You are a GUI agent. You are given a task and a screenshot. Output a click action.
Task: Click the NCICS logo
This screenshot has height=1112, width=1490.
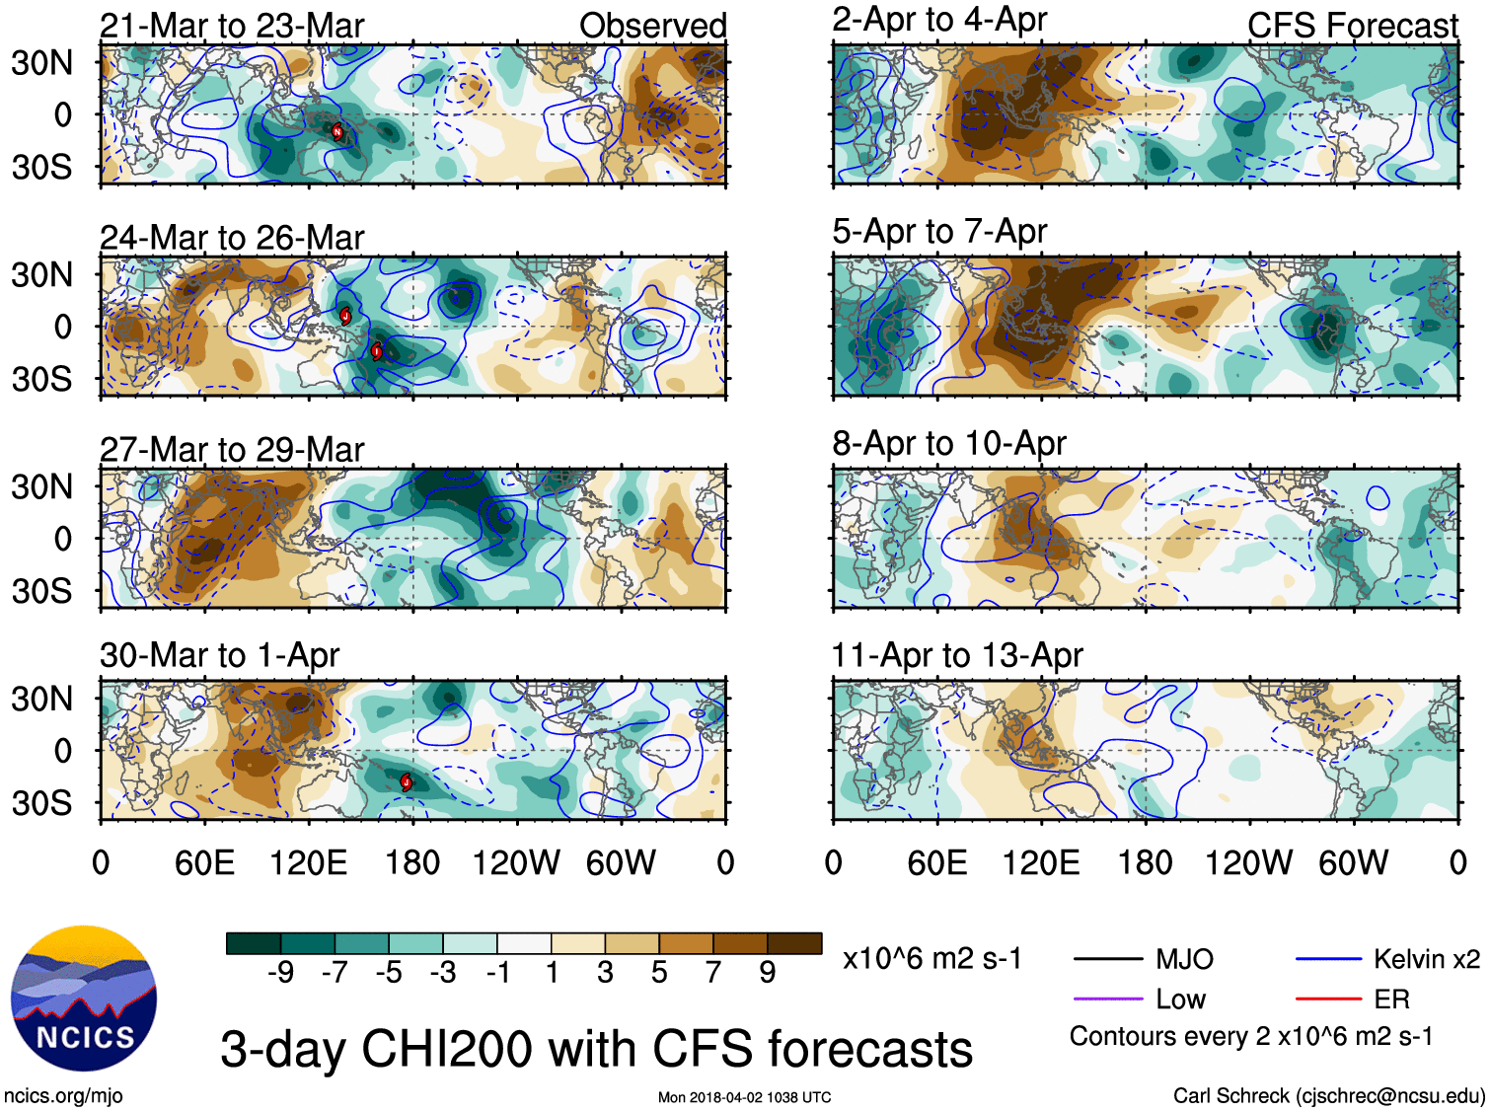(x=84, y=998)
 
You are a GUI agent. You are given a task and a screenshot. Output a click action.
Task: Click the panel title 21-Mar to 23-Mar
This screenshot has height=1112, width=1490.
(x=232, y=26)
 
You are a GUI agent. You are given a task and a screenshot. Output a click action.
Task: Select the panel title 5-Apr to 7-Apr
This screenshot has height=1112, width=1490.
(x=938, y=232)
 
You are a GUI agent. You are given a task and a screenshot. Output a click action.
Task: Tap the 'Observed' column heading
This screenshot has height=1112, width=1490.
(x=652, y=26)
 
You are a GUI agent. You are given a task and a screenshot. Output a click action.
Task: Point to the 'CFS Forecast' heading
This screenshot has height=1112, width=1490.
(x=1352, y=26)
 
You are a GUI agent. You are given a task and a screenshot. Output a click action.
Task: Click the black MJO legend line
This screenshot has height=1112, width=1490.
(x=1108, y=959)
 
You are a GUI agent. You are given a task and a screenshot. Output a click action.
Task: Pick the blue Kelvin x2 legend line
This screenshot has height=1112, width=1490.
(x=1328, y=959)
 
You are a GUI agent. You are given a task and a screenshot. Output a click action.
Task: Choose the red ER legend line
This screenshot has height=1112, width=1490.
(x=1328, y=1000)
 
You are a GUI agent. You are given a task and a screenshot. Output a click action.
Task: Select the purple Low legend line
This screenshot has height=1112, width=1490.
(x=1108, y=1000)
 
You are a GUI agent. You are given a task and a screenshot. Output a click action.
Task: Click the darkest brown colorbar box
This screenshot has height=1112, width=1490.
(x=794, y=943)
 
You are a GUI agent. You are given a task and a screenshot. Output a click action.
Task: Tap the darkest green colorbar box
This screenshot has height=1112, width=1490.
(x=254, y=943)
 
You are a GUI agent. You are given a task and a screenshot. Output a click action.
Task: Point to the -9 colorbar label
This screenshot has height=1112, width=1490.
(x=280, y=974)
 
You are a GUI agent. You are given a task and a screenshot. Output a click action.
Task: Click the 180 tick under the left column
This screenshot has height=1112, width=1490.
(x=412, y=863)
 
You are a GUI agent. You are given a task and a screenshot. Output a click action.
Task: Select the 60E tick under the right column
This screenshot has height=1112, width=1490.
(x=936, y=863)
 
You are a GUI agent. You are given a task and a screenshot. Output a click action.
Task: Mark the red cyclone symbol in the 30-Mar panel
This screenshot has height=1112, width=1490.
(x=406, y=782)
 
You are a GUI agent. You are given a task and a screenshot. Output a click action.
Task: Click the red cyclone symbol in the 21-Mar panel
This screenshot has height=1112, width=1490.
(x=337, y=131)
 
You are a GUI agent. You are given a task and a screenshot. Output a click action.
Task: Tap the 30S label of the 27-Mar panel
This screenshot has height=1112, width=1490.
(x=42, y=591)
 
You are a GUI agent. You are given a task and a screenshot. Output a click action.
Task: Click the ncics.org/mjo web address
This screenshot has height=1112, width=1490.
(x=63, y=1095)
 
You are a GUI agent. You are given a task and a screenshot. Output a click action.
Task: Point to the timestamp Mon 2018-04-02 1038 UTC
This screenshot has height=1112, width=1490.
(x=744, y=1097)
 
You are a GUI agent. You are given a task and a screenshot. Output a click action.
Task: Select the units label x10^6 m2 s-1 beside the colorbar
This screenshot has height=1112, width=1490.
(x=931, y=959)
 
